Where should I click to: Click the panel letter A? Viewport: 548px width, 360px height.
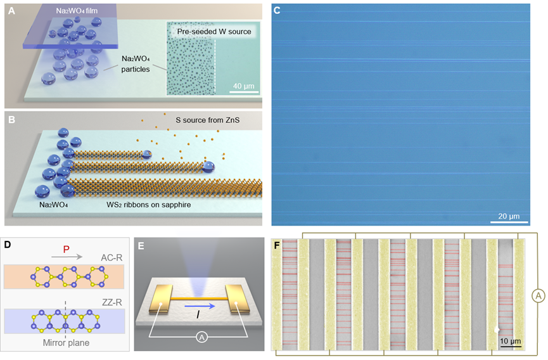point(11,10)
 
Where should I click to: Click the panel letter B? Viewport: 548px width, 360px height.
point(11,120)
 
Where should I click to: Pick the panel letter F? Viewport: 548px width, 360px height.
point(277,244)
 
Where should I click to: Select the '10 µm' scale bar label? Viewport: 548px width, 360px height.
point(510,342)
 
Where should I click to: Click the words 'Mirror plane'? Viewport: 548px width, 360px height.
point(65,343)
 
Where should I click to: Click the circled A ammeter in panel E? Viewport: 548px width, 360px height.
point(198,337)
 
